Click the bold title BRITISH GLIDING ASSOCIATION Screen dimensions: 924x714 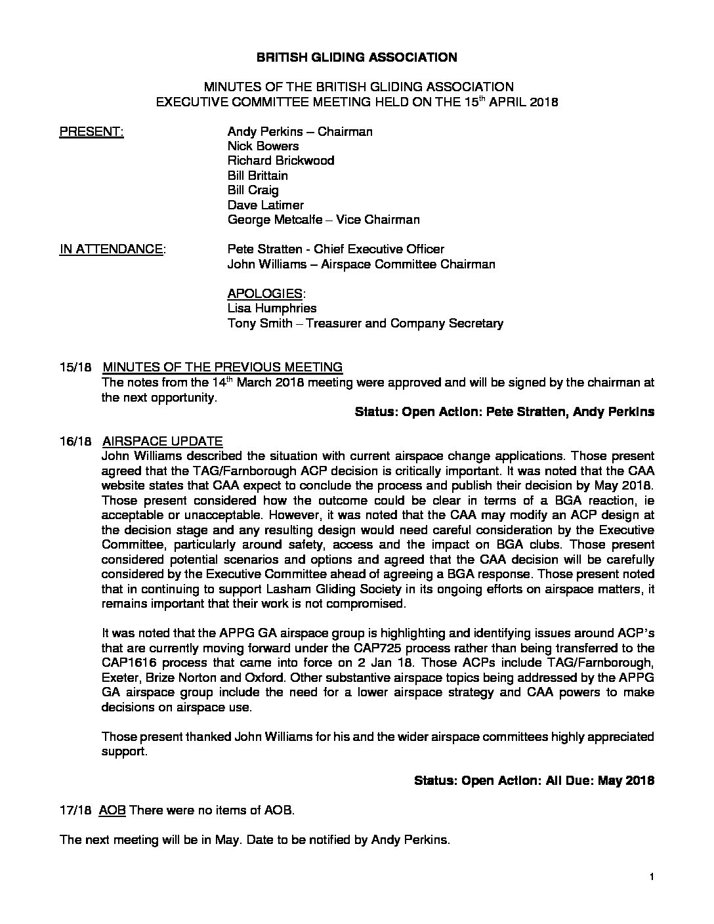click(356, 57)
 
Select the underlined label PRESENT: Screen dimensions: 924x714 click(91, 131)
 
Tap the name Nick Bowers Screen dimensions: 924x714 click(262, 146)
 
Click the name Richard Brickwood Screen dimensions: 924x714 click(280, 161)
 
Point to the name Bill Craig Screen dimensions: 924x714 click(253, 190)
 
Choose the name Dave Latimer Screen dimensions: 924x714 click(265, 205)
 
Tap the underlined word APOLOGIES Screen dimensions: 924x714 click(265, 293)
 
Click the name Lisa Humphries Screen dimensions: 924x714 click(272, 308)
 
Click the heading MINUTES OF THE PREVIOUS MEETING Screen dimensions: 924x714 click(222, 367)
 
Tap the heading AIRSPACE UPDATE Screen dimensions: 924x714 click(162, 441)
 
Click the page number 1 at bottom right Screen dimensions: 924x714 click(652, 877)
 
